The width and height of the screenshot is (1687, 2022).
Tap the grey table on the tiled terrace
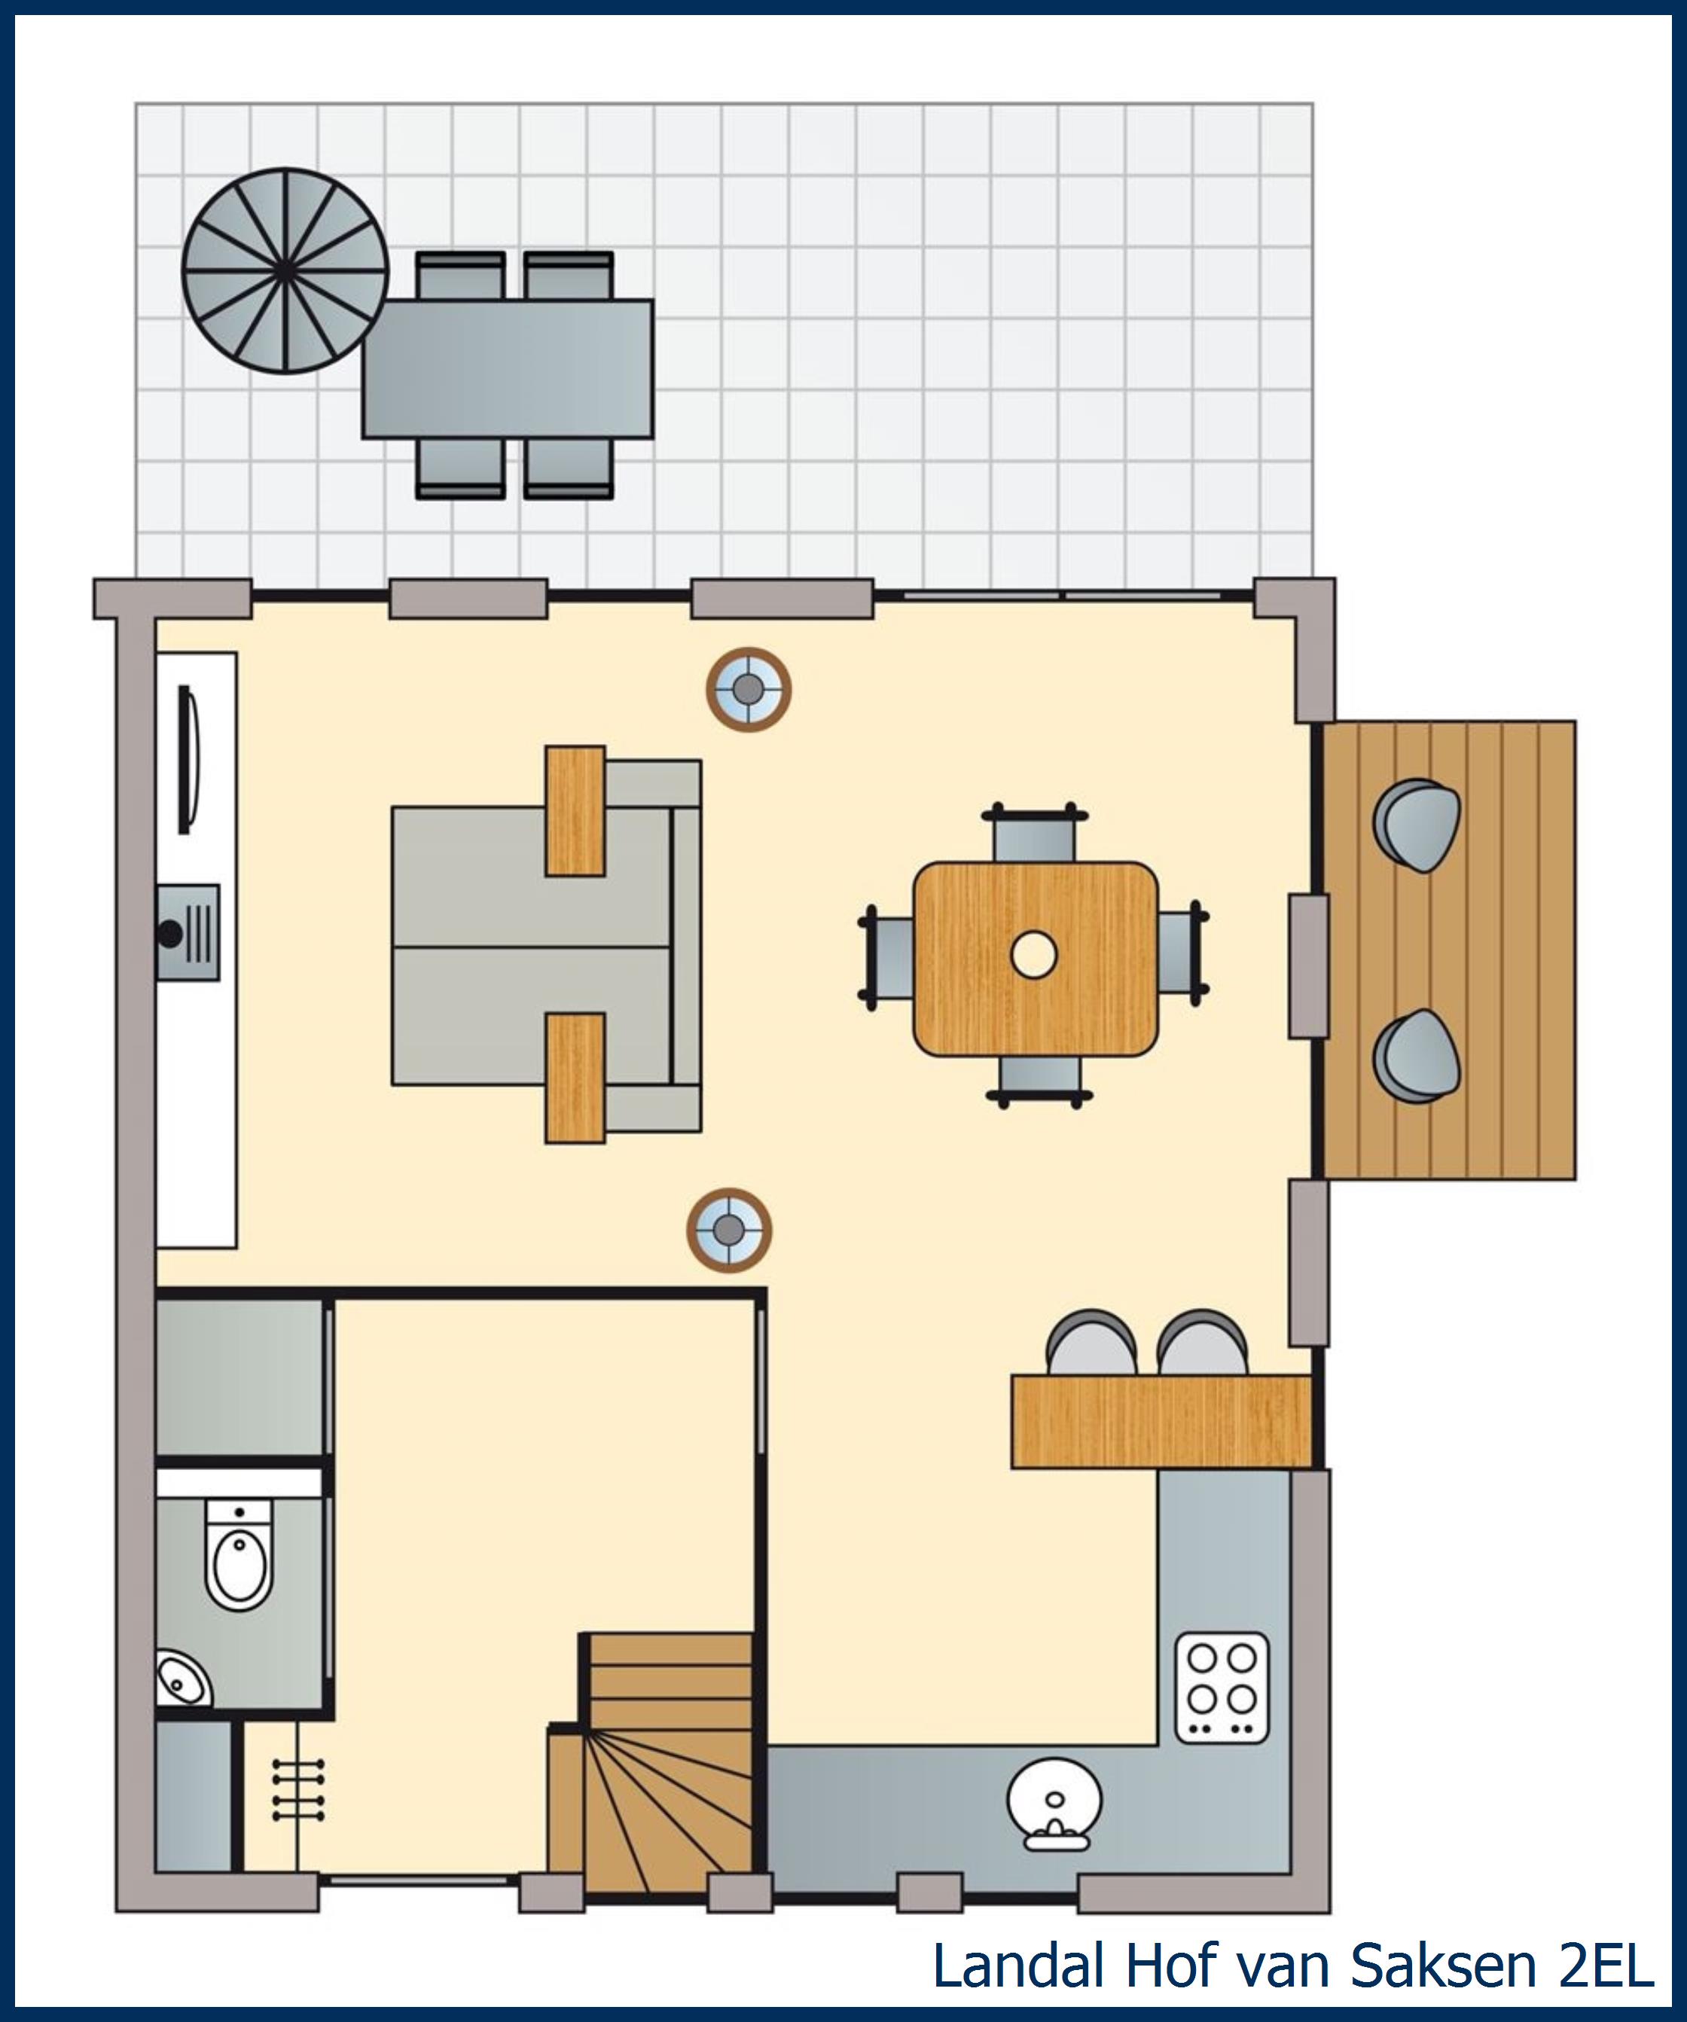point(508,369)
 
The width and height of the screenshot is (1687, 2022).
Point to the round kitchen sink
point(1054,1805)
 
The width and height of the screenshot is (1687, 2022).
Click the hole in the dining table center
point(1034,955)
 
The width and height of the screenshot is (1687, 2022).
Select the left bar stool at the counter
point(1092,1342)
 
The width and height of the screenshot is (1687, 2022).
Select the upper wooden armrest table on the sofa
point(575,811)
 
